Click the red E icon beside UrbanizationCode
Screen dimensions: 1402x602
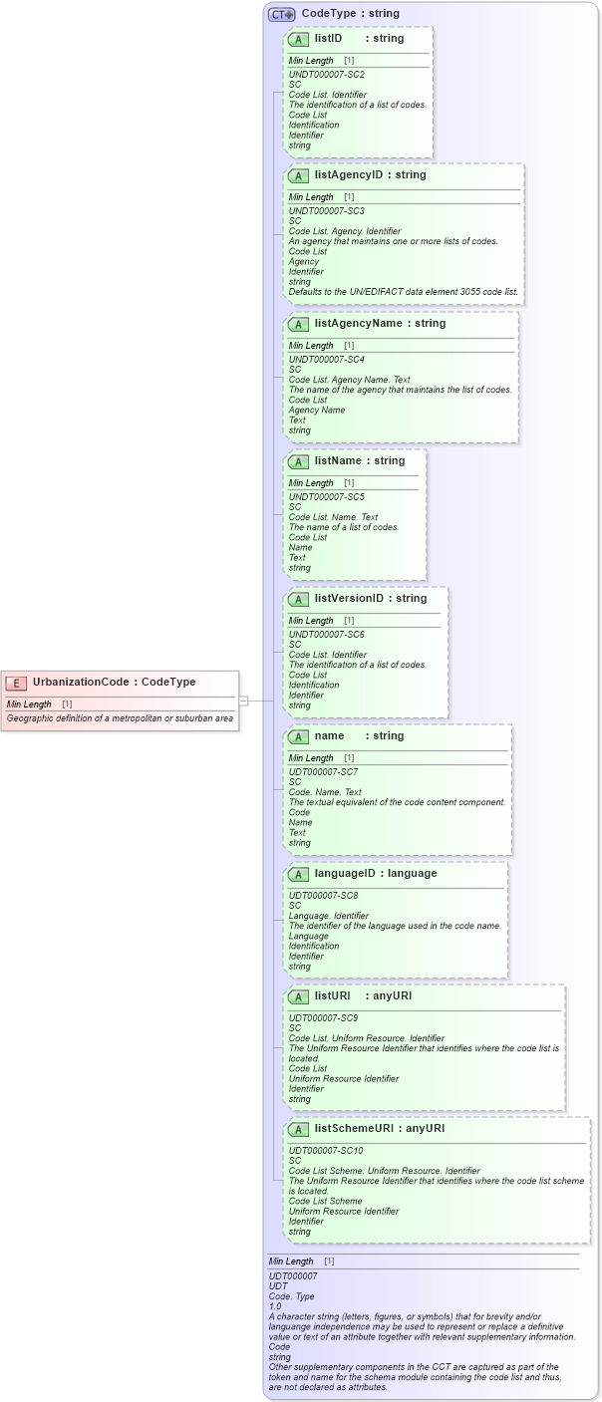click(x=15, y=683)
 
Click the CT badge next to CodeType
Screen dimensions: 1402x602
click(x=282, y=14)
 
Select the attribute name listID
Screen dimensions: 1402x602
click(x=328, y=38)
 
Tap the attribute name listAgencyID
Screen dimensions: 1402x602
click(x=350, y=174)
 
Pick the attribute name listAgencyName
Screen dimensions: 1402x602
click(x=358, y=323)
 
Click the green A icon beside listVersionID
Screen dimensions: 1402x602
click(x=298, y=599)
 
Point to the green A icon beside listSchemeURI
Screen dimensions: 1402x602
click(x=298, y=1129)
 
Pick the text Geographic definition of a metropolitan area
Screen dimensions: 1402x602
click(x=120, y=718)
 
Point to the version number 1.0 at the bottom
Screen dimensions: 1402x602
click(x=275, y=1305)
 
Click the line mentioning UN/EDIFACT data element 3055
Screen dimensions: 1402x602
click(x=403, y=292)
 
